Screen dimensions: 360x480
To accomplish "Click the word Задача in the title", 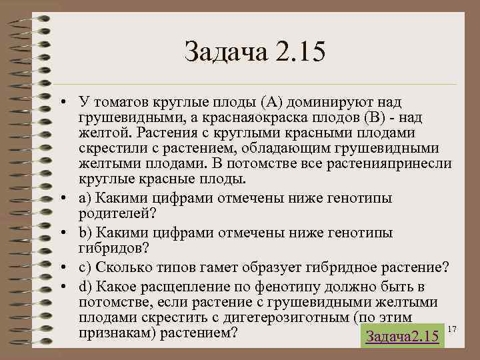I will (223, 52).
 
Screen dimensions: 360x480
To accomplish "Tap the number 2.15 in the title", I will (297, 52).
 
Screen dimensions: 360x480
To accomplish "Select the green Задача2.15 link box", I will (402, 336).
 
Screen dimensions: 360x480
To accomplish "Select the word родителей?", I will (115, 213).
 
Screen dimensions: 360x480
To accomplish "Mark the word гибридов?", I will (113, 248).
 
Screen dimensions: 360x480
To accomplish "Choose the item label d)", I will (87, 287).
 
